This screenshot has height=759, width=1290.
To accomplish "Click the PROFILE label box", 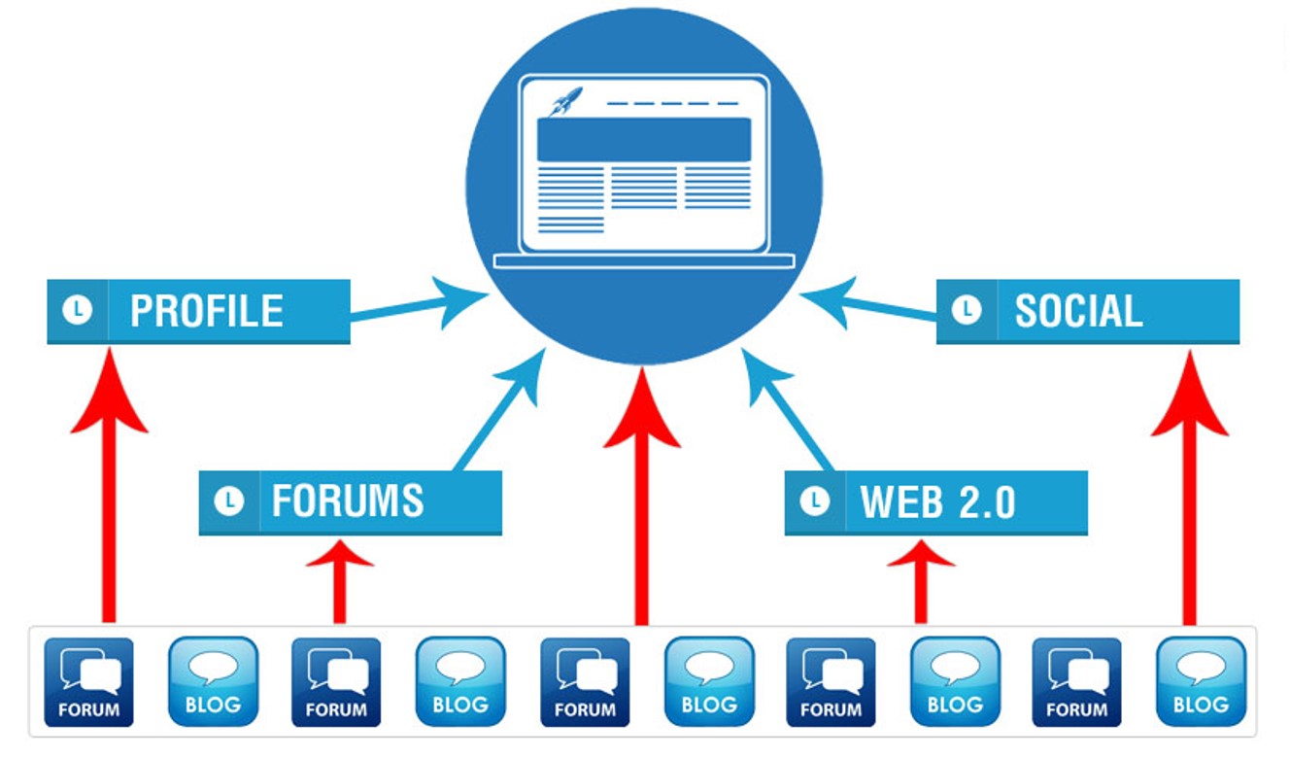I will coord(198,311).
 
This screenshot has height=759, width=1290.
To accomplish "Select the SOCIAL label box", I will coord(1087,311).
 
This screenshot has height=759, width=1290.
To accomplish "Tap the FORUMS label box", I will coord(350,501).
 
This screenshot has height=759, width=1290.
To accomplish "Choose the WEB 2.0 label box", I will coord(935,501).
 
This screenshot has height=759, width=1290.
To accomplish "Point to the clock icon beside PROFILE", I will coord(77,311).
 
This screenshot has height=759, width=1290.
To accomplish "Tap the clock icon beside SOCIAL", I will coord(966,311).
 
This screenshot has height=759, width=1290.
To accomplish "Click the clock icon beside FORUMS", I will coord(229,501).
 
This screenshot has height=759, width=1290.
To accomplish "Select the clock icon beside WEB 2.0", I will coord(815,501).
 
